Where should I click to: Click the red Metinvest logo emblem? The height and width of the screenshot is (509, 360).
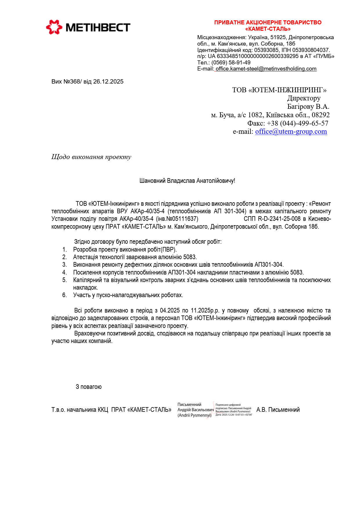point(54,27)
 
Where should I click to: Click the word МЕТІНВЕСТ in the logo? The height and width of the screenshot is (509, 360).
point(98,28)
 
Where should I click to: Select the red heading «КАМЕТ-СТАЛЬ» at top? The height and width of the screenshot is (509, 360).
point(268,29)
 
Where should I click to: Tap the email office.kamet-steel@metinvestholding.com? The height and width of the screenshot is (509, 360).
point(266,69)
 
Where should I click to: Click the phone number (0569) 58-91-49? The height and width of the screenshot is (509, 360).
point(231,63)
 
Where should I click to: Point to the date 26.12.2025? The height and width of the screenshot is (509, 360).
point(108,82)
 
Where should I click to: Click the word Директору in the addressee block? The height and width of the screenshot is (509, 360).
point(304,98)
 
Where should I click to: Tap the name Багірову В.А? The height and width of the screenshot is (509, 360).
point(308,107)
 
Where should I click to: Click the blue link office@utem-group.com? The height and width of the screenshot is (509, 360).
point(291,131)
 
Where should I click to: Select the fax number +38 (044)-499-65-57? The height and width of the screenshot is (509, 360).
point(297,123)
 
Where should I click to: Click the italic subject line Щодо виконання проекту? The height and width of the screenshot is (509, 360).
point(91,157)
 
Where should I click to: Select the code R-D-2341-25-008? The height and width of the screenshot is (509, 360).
point(279,219)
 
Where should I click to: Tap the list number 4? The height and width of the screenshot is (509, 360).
point(64,272)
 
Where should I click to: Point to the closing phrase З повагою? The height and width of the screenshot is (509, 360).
point(89,387)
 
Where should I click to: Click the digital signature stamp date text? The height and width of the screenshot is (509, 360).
point(233,415)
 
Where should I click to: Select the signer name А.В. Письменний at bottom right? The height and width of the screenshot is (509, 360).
point(278,410)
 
